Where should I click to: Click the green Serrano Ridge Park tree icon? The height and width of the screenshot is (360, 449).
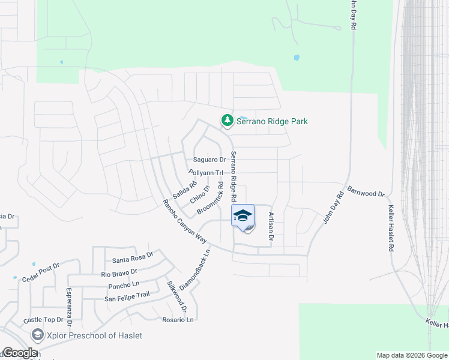tap(228, 121)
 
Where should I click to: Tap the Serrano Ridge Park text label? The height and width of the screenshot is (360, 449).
tap(272, 121)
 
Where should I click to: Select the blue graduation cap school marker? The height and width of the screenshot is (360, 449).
tap(243, 216)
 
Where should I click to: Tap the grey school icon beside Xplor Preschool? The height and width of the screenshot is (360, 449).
tap(38, 335)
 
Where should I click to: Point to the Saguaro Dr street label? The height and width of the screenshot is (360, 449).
tap(209, 160)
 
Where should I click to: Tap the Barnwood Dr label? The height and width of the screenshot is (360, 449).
tap(365, 194)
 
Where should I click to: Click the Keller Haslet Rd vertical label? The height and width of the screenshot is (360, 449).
tap(391, 228)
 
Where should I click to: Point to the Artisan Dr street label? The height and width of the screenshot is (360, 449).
tap(271, 227)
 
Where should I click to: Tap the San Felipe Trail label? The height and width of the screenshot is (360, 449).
tap(127, 296)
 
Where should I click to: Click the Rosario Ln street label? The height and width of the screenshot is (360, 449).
tap(178, 320)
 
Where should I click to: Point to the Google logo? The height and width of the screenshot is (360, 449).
tap(19, 353)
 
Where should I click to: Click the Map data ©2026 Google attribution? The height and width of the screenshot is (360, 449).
tap(412, 355)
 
